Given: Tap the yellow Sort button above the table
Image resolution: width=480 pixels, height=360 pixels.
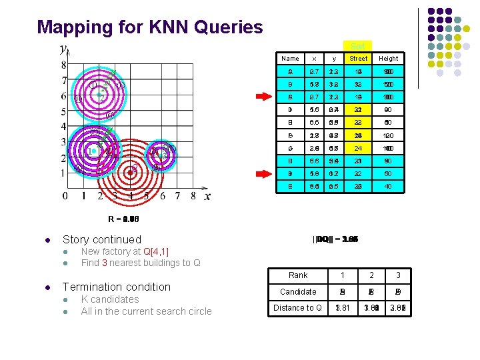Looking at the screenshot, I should tap(357, 46).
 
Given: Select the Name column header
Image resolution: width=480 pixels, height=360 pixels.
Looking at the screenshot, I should tap(290, 59).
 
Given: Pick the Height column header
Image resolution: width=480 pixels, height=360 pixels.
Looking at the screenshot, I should tap(388, 59).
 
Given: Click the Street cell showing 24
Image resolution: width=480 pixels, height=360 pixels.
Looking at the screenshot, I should tap(359, 148).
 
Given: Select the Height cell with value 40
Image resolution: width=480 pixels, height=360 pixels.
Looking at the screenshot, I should tap(388, 186).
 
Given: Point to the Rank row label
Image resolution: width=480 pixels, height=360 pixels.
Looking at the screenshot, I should tap(298, 275).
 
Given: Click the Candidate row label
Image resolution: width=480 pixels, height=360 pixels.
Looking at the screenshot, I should tap(298, 291).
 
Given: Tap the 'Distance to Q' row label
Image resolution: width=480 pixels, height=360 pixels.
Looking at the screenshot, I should tap(298, 307).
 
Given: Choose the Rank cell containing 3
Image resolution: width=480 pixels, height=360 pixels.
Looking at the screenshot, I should tap(398, 275).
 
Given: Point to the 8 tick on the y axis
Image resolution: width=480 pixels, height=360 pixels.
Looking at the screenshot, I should tap(64, 65).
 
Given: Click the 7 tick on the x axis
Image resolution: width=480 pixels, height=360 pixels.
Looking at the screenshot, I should tap(177, 196).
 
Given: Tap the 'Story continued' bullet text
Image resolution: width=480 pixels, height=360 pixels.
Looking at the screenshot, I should tap(101, 239).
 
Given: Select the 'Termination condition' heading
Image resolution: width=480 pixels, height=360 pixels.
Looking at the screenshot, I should tap(116, 287).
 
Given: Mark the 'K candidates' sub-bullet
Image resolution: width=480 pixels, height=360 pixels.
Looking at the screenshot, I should tap(110, 299).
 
